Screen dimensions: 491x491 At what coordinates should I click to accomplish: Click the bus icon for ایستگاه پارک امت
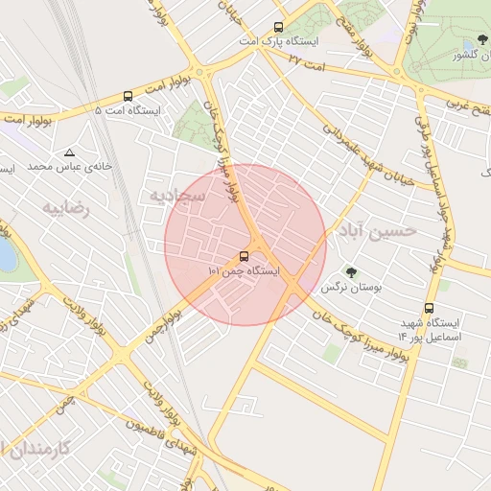pyautogui.click(x=278, y=27)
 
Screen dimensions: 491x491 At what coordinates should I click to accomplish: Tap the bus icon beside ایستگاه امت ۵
pyautogui.click(x=129, y=96)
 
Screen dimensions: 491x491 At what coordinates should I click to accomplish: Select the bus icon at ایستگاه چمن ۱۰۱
pyautogui.click(x=245, y=256)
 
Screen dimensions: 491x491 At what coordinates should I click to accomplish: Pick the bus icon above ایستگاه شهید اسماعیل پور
pyautogui.click(x=428, y=309)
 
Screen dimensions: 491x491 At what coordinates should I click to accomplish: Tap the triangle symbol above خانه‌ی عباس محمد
pyautogui.click(x=69, y=152)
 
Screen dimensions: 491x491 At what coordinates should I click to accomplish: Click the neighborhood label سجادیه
pyautogui.click(x=172, y=195)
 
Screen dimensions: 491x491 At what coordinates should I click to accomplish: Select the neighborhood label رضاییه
pyautogui.click(x=65, y=207)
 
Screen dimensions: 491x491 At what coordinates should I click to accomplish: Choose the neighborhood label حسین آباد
pyautogui.click(x=377, y=231)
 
